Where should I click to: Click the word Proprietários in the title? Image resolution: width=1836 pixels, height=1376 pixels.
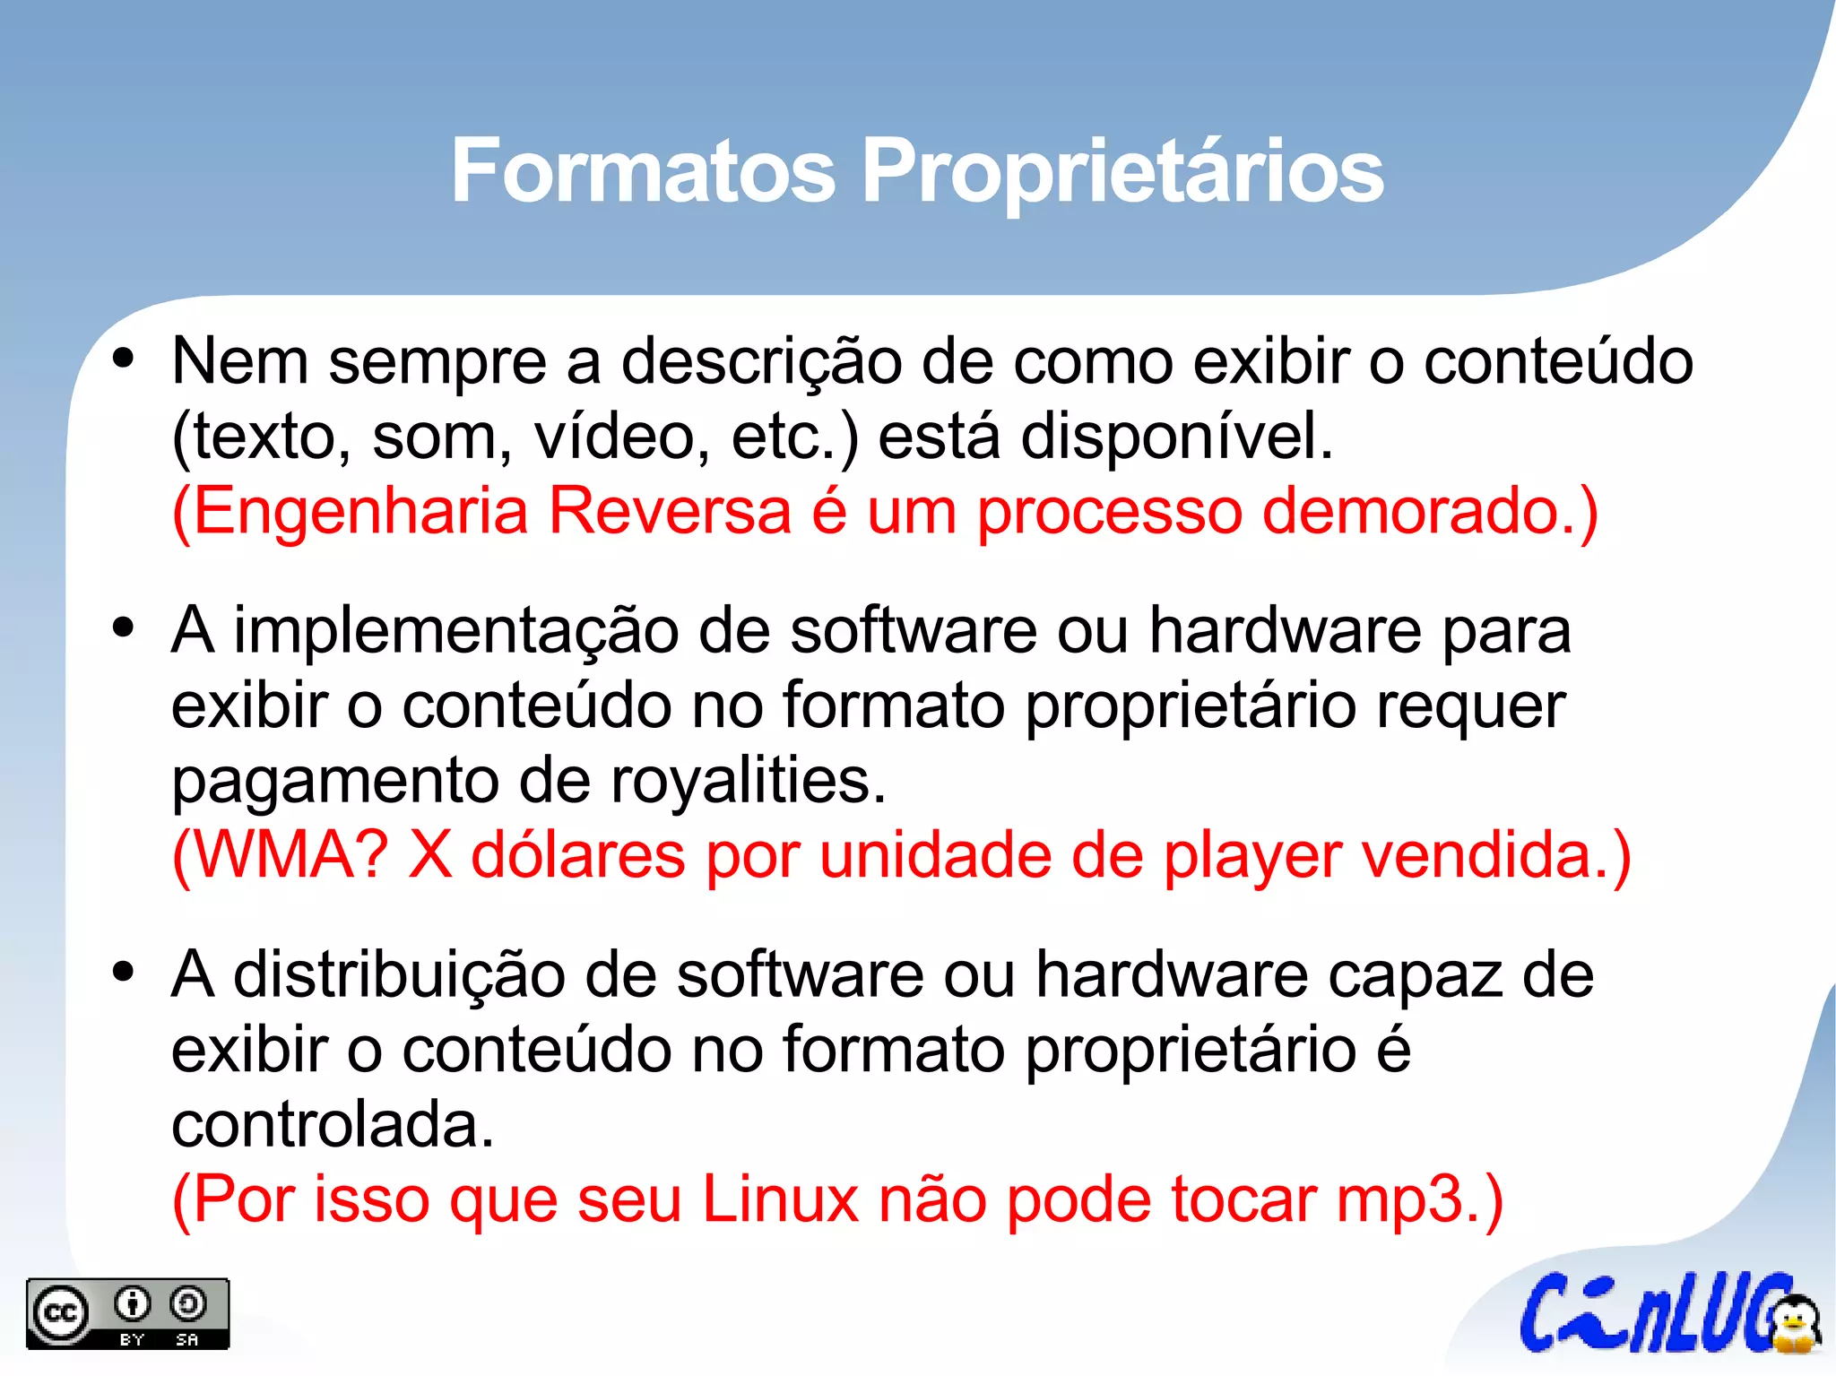pos(1122,172)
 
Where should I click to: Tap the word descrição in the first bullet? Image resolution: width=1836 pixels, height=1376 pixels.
pos(761,361)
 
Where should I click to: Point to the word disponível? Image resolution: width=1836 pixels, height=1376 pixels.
pos(1176,437)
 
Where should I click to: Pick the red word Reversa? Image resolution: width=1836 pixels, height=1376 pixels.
pos(670,511)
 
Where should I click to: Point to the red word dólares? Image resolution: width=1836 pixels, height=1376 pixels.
pos(578,855)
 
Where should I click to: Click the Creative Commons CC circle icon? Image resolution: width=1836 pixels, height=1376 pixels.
pos(61,1314)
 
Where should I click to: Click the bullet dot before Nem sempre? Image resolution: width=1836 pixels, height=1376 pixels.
pos(124,359)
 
